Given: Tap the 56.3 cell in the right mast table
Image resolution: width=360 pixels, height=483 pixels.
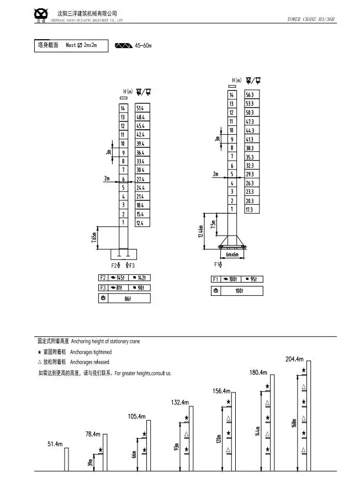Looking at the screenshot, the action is (x=250, y=95).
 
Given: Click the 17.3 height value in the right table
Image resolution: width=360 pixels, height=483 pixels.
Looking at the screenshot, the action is (x=250, y=210).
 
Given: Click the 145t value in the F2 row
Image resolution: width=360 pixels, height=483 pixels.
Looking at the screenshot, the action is (x=118, y=277).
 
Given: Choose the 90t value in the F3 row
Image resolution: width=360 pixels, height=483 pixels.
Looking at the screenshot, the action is (x=141, y=288).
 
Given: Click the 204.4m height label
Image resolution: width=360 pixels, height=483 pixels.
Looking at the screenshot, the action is (x=294, y=359).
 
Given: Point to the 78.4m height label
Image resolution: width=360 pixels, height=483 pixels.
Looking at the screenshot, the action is (x=93, y=434).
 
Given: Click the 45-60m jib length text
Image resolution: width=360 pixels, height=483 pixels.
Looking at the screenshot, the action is (x=143, y=45).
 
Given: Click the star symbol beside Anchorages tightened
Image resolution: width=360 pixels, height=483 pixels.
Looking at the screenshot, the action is (x=39, y=352).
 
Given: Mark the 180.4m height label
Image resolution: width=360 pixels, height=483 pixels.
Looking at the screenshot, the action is (x=258, y=372).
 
